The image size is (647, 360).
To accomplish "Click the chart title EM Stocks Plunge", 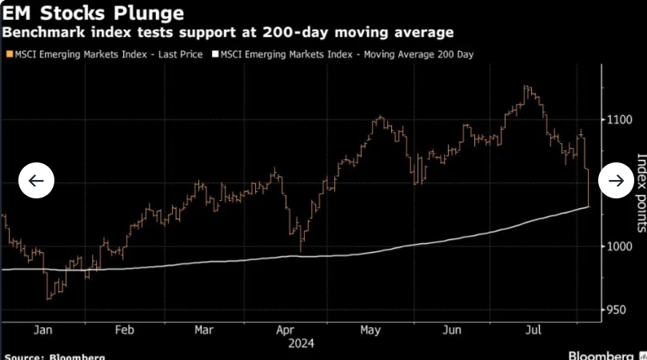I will click(94, 13).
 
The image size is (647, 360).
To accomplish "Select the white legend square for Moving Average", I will click(214, 54).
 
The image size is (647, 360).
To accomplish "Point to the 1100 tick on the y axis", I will click(621, 120).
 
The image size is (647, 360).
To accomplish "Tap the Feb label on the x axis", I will click(123, 329).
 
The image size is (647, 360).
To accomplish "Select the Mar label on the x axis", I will click(204, 329).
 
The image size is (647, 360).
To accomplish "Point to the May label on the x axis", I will click(369, 329).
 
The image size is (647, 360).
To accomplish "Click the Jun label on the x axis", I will click(452, 329).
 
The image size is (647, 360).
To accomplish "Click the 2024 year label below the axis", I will click(300, 343).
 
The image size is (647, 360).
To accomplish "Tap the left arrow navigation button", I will click(36, 181).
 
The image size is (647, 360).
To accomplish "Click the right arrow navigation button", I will click(616, 181).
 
